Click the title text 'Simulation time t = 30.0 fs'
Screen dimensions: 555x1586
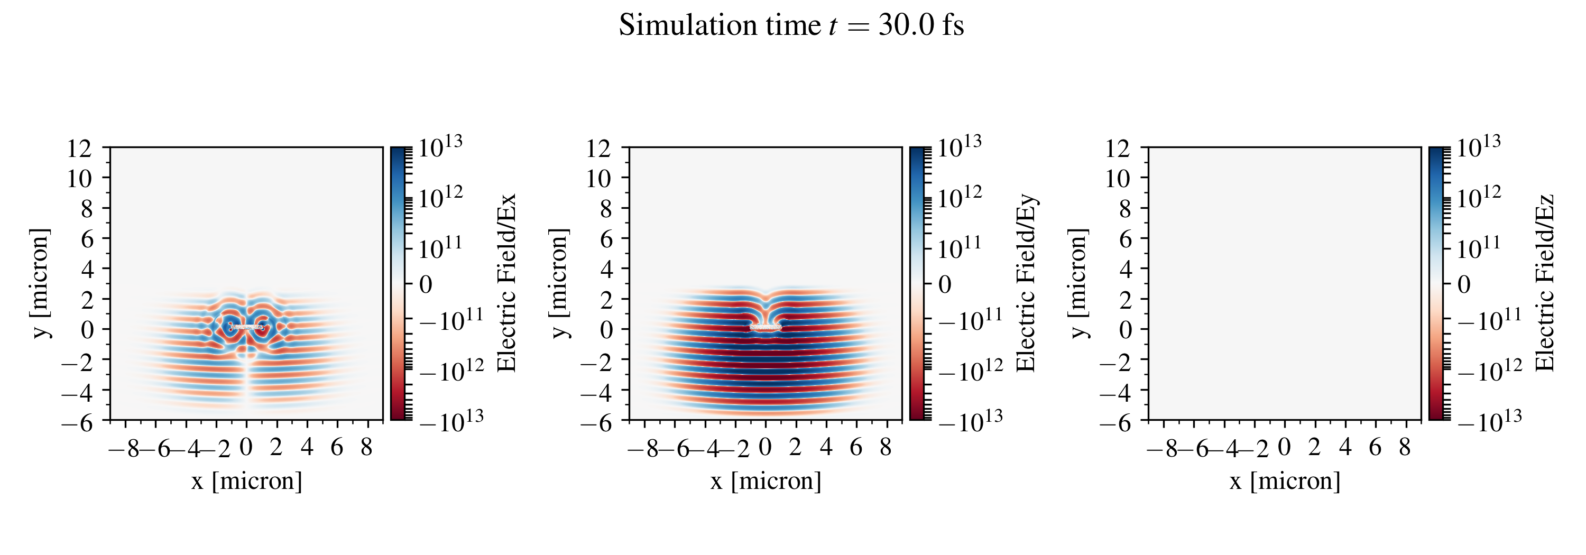point(791,26)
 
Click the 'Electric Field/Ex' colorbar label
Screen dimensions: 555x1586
point(506,283)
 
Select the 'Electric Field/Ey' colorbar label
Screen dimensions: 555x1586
point(1026,283)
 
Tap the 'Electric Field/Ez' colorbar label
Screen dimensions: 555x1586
point(1545,283)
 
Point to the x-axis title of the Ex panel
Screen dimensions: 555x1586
point(246,480)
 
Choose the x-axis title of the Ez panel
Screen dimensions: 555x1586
point(1284,480)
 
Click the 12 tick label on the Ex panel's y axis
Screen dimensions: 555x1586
point(79,149)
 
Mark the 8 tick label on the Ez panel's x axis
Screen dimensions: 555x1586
point(1404,447)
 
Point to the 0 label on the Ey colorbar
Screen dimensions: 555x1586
point(945,284)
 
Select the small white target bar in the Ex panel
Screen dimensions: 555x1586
point(246,327)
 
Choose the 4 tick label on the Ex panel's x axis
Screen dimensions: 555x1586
point(307,447)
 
